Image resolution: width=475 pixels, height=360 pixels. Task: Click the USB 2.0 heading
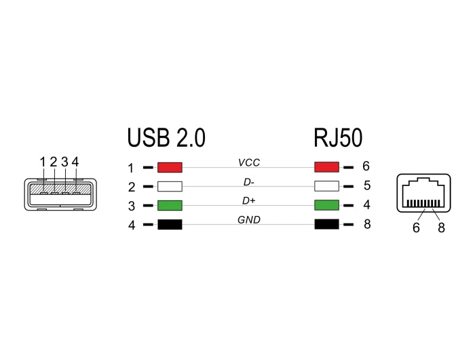click(x=166, y=137)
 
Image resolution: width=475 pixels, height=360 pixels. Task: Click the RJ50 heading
click(x=338, y=137)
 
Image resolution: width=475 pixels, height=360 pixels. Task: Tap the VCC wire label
click(x=249, y=162)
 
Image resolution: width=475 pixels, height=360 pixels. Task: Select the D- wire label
click(x=249, y=181)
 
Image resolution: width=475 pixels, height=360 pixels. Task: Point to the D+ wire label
click(x=249, y=200)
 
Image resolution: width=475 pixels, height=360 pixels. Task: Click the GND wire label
click(x=249, y=219)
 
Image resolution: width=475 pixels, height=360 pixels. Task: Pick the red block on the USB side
click(x=170, y=167)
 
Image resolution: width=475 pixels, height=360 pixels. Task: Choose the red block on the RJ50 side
click(x=328, y=167)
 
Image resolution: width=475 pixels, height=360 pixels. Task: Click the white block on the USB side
click(x=170, y=186)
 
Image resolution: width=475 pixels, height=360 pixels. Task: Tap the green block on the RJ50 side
click(x=328, y=205)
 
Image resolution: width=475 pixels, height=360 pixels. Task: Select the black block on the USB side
click(x=170, y=225)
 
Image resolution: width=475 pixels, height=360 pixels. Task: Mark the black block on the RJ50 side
click(x=328, y=225)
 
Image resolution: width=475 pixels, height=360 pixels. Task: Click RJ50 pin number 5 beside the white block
click(x=367, y=185)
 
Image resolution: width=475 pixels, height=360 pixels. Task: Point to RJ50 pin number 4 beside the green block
click(x=367, y=204)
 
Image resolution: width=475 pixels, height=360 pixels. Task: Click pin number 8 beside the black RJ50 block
click(x=367, y=224)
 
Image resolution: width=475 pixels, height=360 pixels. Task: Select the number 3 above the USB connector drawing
click(x=64, y=162)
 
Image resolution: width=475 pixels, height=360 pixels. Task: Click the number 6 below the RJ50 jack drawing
click(x=416, y=228)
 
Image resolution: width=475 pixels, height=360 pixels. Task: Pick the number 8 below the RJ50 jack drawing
click(x=441, y=228)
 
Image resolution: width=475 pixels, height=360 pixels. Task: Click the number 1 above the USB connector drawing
click(x=42, y=162)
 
